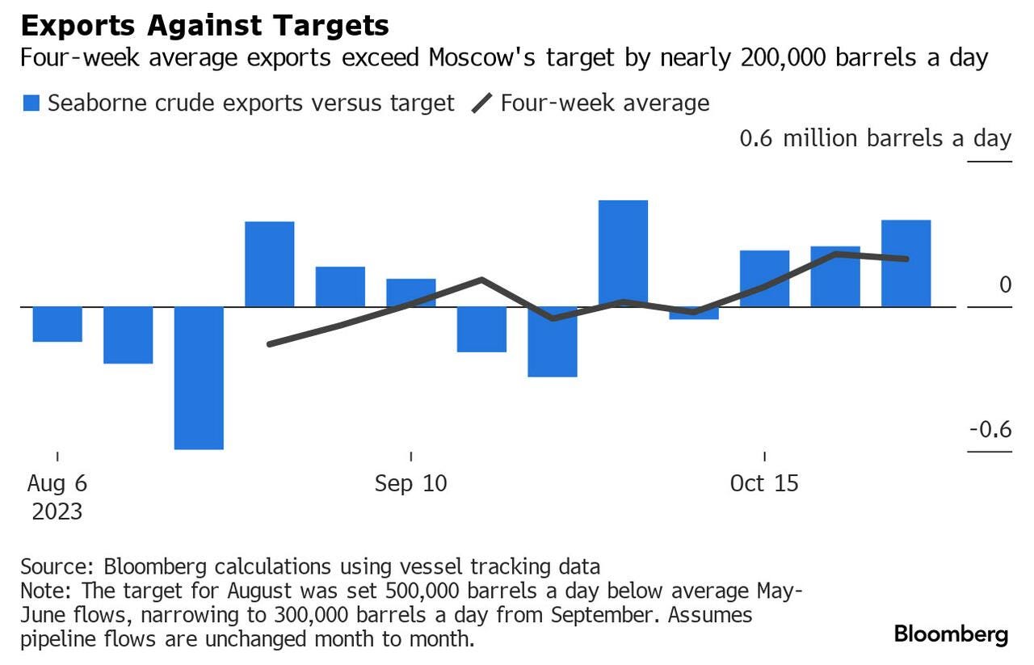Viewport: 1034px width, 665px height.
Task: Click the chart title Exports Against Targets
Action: [204, 25]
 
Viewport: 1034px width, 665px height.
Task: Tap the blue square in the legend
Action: [32, 103]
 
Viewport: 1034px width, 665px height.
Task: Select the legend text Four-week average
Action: [604, 103]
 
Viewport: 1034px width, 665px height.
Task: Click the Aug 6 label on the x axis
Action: [57, 483]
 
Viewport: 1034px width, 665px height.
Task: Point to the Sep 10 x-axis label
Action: [410, 483]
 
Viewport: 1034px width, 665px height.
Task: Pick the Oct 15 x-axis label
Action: [763, 483]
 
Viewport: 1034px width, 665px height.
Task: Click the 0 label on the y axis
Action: [1004, 284]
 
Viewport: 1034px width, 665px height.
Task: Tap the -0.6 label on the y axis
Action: [990, 429]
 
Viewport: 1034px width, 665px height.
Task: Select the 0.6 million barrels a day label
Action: [875, 138]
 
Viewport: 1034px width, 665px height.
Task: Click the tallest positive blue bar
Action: [623, 253]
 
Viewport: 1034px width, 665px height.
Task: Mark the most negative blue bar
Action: [199, 377]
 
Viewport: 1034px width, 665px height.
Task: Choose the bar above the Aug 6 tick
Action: [57, 324]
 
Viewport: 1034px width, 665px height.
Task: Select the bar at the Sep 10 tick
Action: [410, 293]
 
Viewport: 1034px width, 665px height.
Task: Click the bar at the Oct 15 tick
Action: [764, 278]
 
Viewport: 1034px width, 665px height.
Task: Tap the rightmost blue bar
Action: [906, 263]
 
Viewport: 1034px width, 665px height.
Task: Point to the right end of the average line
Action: [906, 259]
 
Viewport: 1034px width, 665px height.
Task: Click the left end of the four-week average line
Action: [269, 344]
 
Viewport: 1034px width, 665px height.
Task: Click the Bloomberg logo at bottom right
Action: [951, 634]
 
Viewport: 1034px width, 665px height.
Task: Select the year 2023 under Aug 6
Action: [57, 511]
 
